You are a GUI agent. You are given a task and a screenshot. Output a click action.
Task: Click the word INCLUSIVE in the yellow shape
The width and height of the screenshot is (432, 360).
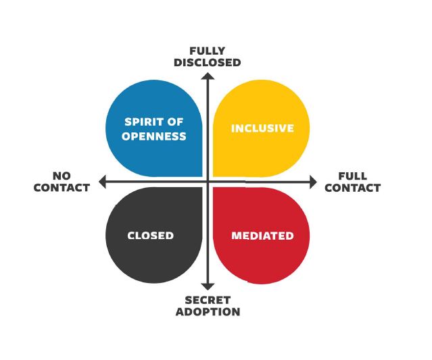[262, 128]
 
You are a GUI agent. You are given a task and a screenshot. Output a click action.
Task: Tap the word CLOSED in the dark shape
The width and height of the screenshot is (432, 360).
[151, 236]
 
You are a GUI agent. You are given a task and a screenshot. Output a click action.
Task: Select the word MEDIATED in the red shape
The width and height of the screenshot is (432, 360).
[262, 236]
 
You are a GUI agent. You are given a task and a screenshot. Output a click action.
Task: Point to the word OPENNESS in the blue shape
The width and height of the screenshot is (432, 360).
[154, 136]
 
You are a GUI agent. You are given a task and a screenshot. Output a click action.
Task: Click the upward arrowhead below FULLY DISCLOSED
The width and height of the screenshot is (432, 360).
[208, 75]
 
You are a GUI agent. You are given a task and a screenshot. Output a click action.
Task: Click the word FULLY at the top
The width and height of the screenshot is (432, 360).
[207, 51]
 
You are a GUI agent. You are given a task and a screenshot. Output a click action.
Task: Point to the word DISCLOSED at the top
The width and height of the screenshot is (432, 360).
[207, 63]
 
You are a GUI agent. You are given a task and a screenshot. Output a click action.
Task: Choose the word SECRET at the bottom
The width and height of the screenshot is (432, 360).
[208, 300]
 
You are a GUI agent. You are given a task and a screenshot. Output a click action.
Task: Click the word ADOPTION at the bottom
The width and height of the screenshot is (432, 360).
[208, 312]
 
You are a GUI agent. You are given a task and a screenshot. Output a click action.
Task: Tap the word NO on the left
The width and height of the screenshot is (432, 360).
[62, 176]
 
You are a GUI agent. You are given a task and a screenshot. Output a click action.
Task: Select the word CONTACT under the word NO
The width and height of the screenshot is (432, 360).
[62, 188]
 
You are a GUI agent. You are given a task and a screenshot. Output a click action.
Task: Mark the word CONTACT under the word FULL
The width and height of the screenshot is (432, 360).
[352, 188]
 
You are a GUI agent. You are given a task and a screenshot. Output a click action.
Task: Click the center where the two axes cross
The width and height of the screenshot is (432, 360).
[208, 182]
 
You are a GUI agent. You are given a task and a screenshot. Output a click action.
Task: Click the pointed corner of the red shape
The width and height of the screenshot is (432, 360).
[215, 189]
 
